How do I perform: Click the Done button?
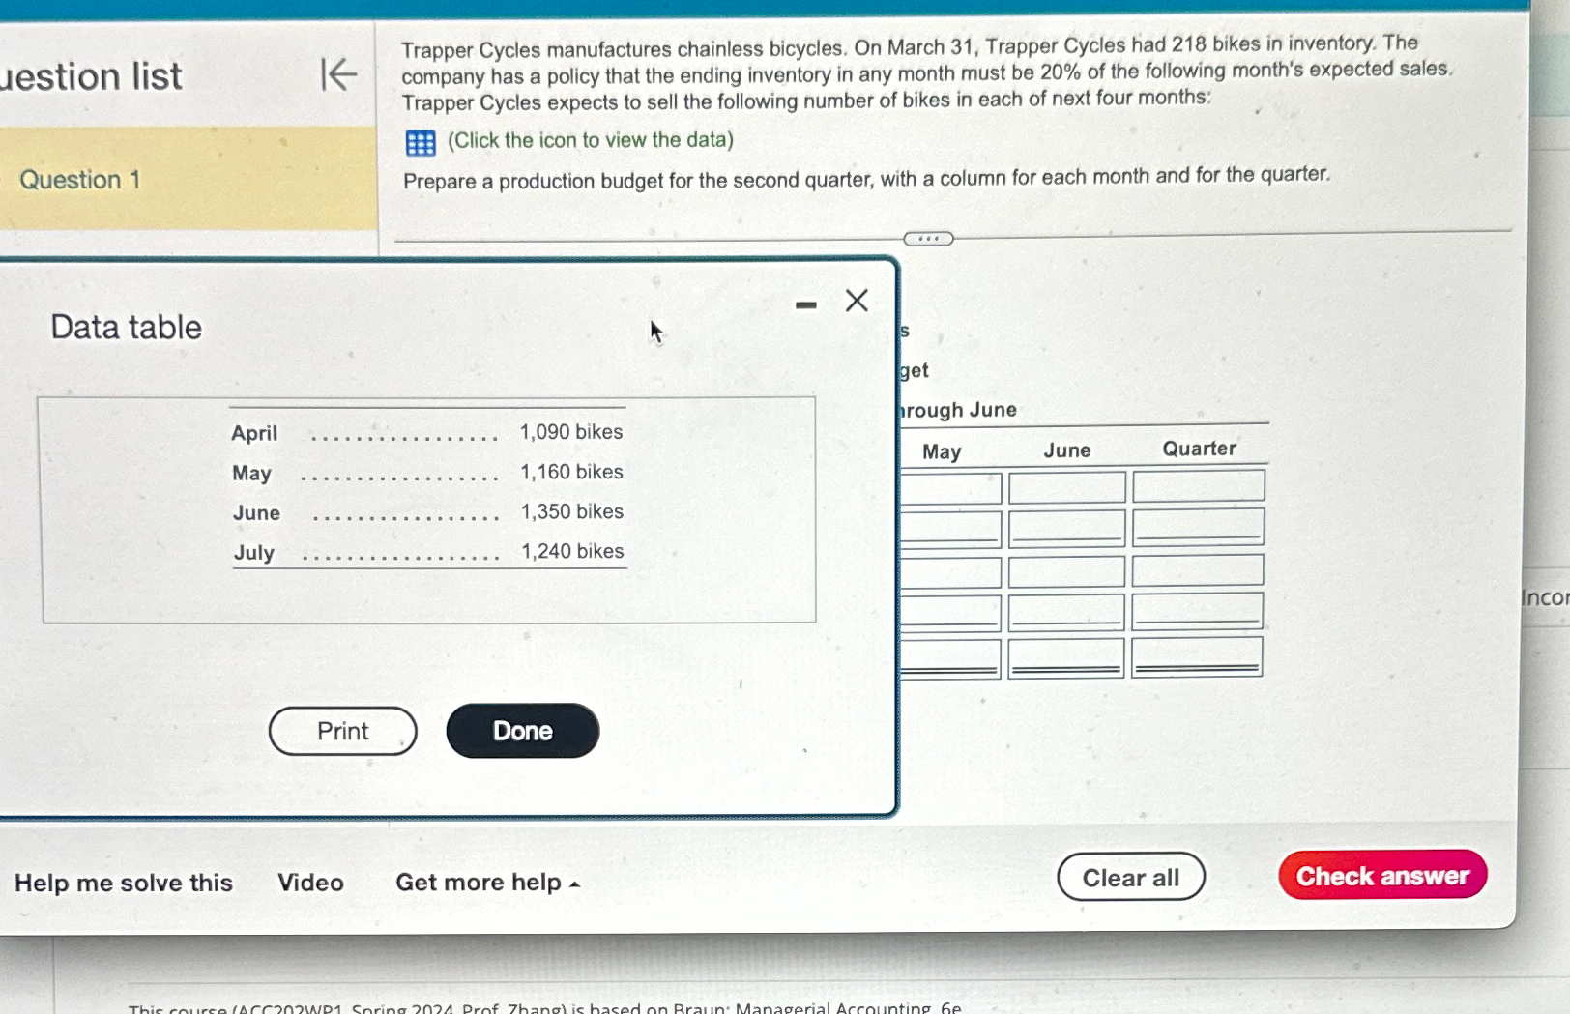coord(522,731)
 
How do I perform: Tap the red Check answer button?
coord(1381,876)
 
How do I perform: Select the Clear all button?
coord(1130,878)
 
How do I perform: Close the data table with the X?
coord(857,301)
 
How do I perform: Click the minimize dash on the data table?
coord(805,305)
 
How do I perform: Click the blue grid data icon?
coord(421,143)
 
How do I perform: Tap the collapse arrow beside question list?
coord(338,74)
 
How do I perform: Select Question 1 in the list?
coord(80,180)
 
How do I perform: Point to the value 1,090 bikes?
coord(570,432)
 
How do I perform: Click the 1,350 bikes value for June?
coord(571,511)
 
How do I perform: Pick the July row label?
coord(253,552)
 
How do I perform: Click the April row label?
coord(254,433)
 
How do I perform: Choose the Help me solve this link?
coord(124,883)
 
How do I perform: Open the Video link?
coord(310,883)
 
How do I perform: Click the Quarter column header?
coord(1199,449)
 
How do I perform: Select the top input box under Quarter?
coord(1198,486)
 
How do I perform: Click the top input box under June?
coord(1066,487)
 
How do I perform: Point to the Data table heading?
coord(127,328)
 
